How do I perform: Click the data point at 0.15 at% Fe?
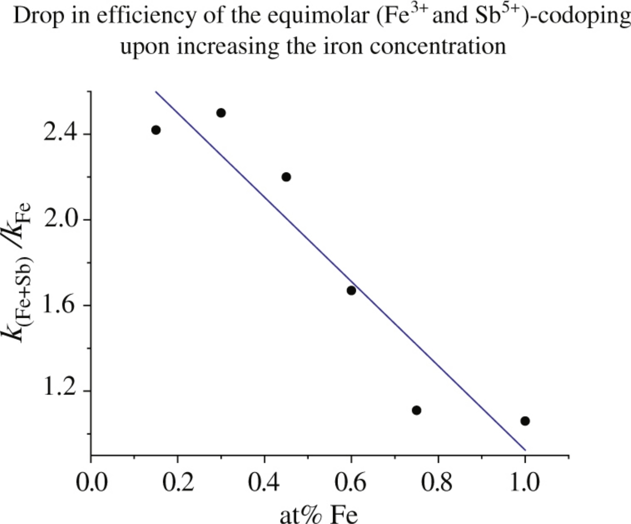click(x=155, y=130)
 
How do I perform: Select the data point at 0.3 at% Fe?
click(x=221, y=113)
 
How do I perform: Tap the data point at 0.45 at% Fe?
click(x=286, y=177)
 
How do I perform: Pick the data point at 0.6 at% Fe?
click(x=351, y=290)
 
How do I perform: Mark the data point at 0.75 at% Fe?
click(x=417, y=410)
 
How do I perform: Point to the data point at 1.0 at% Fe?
click(x=525, y=421)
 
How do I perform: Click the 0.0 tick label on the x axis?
click(x=91, y=483)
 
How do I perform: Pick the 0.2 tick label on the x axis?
click(x=178, y=483)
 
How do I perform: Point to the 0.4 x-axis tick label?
click(x=265, y=483)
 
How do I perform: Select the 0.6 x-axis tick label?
click(x=351, y=483)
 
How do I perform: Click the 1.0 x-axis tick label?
click(x=525, y=483)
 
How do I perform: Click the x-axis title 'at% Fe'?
click(x=319, y=514)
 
